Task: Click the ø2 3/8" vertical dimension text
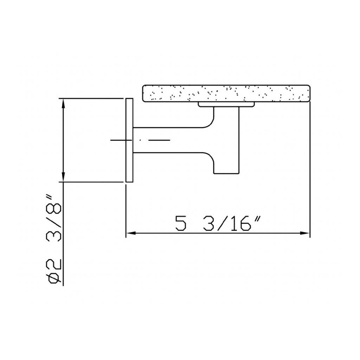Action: tap(54, 239)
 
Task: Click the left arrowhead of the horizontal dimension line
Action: tap(130, 233)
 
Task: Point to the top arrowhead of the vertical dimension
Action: tap(63, 103)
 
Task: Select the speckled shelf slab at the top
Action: tap(226, 93)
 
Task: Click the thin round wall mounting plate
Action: tap(129, 140)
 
